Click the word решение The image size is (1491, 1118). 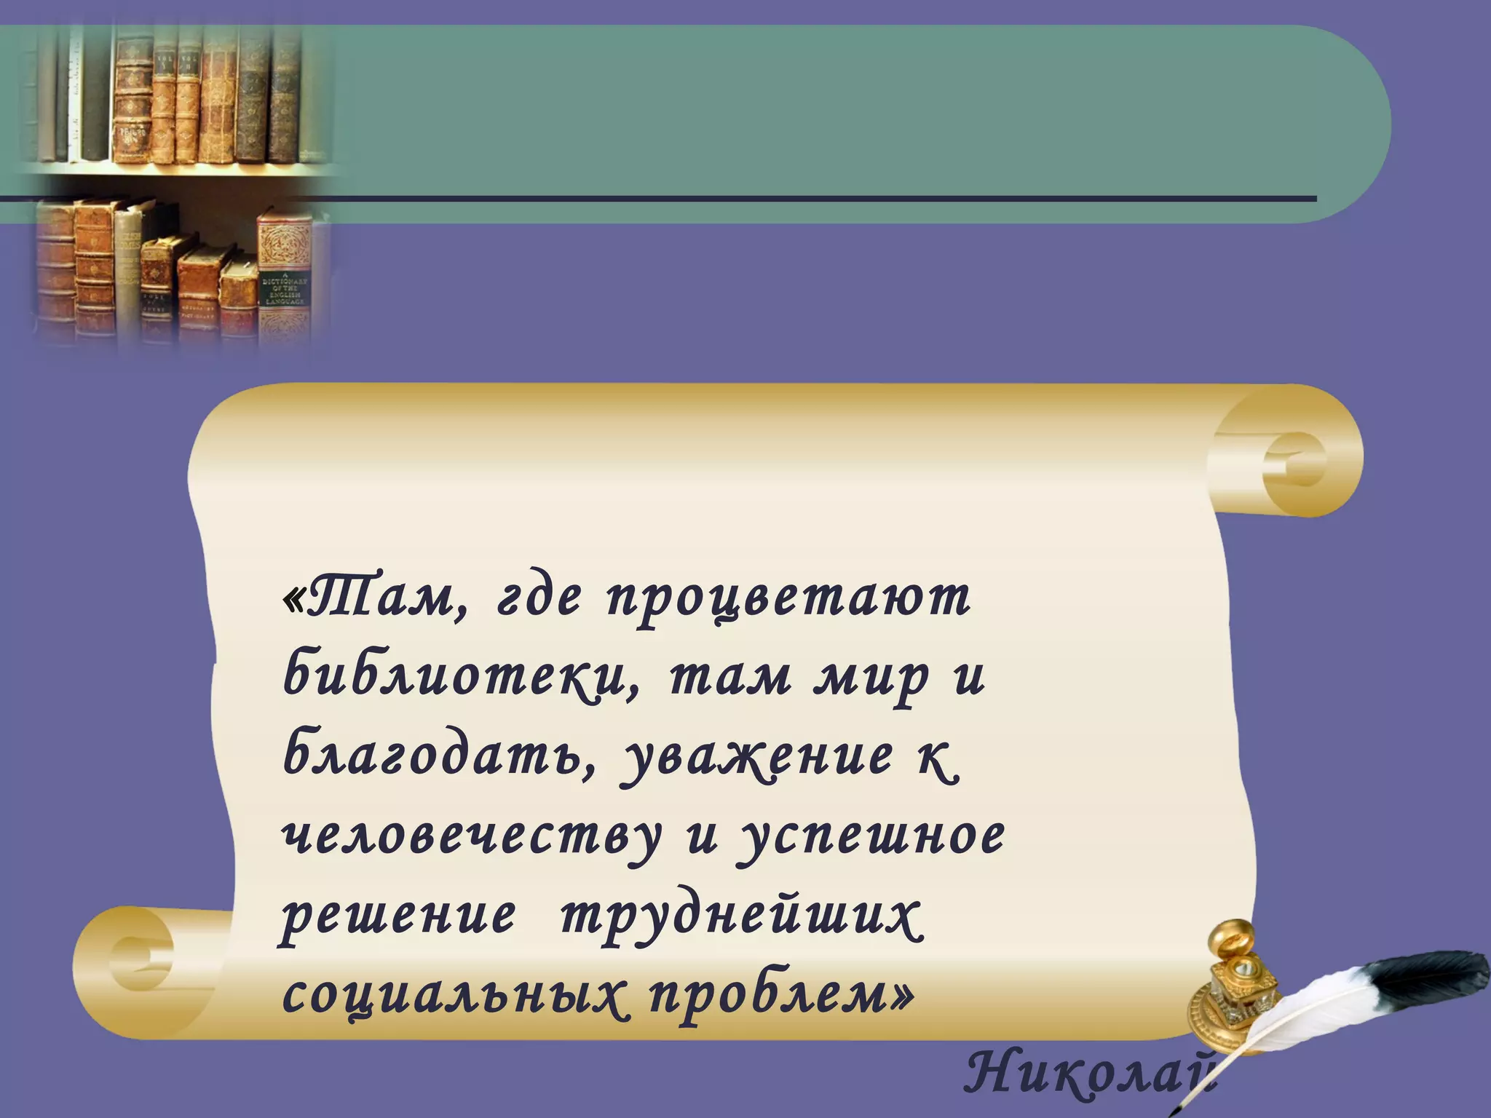point(398,917)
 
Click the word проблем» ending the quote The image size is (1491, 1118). point(779,997)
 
